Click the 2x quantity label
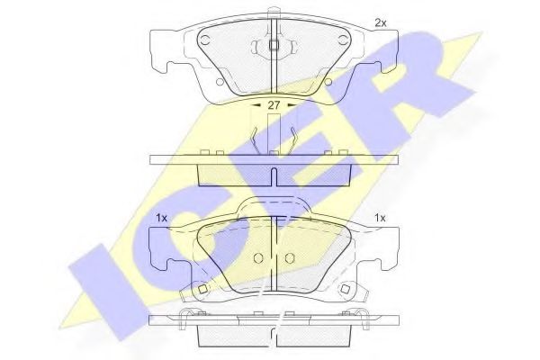click(381, 23)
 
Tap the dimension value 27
click(274, 105)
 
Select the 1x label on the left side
click(161, 218)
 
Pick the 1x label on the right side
click(380, 218)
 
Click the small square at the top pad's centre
click(274, 45)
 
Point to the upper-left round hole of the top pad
click(205, 40)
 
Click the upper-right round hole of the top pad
click(342, 40)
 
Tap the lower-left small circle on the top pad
click(220, 82)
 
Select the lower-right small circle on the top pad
click(328, 82)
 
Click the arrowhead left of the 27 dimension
click(256, 104)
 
